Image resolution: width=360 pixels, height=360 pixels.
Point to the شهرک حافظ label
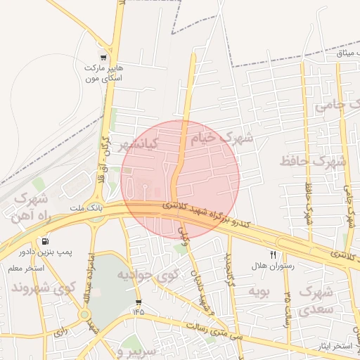[313, 161]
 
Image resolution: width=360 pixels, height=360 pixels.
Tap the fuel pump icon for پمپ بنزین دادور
[46, 240]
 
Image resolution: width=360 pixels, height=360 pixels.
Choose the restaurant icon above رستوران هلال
[273, 255]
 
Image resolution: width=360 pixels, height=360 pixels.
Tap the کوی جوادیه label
[144, 273]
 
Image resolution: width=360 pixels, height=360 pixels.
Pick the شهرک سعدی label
[316, 299]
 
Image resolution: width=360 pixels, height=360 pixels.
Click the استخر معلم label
[26, 269]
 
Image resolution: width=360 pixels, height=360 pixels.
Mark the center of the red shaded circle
[180, 179]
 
